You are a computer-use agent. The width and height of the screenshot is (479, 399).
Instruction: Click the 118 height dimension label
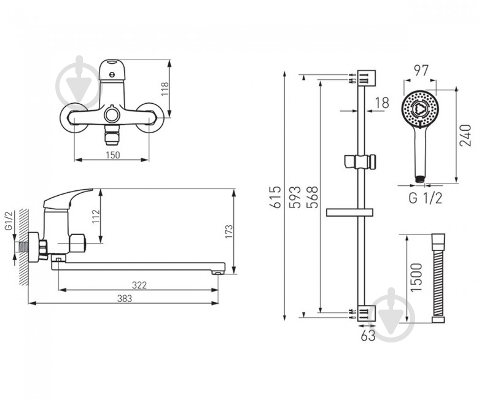tap(165, 89)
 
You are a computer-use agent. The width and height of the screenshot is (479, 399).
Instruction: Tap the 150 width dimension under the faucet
tap(113, 155)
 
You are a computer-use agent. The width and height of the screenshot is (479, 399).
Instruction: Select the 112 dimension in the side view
tap(96, 217)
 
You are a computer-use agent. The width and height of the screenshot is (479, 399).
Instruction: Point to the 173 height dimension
tap(228, 231)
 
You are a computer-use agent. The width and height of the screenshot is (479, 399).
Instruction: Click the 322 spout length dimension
tap(139, 285)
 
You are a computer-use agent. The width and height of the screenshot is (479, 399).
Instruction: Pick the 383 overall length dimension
tap(125, 298)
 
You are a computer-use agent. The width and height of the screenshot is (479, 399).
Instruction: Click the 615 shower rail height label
tap(276, 197)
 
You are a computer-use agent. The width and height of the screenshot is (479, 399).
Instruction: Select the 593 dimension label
tap(295, 197)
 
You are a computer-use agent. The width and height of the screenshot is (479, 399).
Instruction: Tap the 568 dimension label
tap(312, 197)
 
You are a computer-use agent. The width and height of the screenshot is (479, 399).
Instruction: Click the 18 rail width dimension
tap(382, 103)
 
